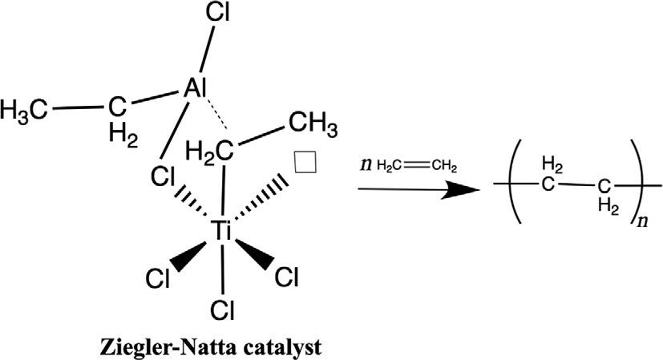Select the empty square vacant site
pyautogui.click(x=306, y=162)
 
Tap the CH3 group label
pyautogui.click(x=313, y=127)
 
